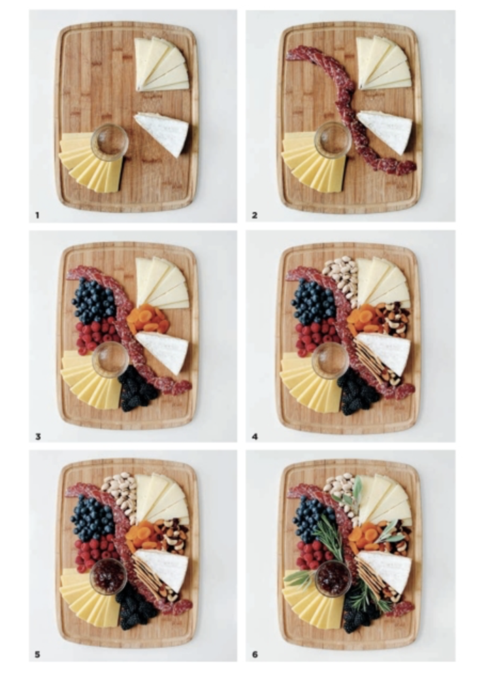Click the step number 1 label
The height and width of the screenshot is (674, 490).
[38, 214]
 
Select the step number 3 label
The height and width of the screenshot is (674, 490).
[38, 434]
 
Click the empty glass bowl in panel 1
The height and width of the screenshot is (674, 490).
[109, 141]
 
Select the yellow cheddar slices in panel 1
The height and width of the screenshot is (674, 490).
[90, 161]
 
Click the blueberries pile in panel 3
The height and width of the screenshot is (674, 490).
[94, 301]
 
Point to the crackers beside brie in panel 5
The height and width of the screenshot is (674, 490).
[151, 579]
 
